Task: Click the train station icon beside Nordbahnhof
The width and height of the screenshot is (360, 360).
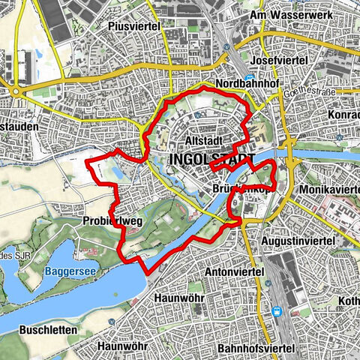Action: [250, 75]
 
